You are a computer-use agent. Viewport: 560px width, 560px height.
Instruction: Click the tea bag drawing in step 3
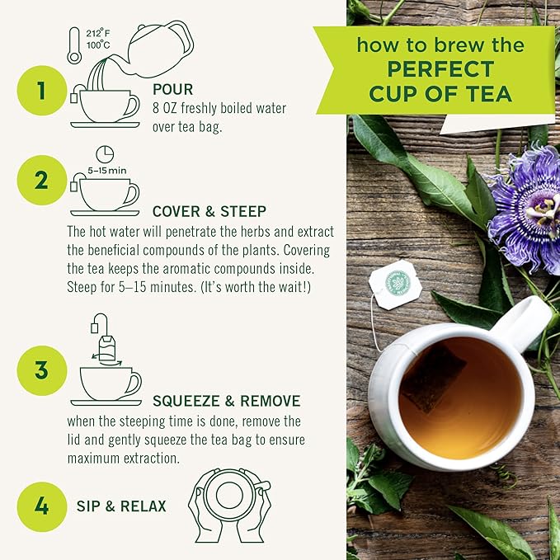tap(106, 344)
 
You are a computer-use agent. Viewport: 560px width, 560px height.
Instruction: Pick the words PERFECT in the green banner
tap(434, 69)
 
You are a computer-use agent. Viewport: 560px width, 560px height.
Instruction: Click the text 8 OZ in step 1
tap(165, 108)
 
